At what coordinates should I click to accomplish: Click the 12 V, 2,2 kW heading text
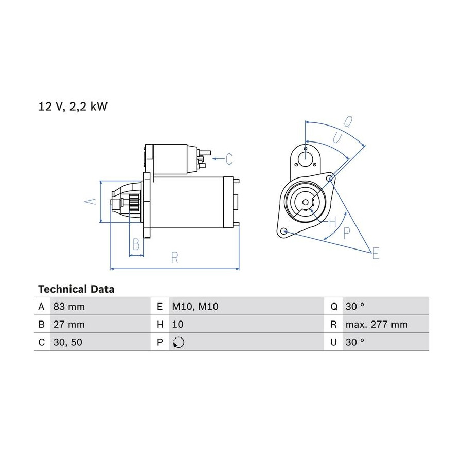click(73, 106)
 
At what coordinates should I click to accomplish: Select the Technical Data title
click(76, 289)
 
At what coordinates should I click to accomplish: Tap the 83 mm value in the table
click(69, 307)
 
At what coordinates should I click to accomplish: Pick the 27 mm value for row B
click(69, 324)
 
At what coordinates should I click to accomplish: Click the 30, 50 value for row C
click(68, 342)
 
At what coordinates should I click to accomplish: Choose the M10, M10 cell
click(195, 307)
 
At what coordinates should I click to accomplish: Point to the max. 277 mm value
click(377, 324)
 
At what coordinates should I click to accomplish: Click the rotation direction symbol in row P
click(179, 342)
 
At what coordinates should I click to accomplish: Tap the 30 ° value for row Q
click(354, 307)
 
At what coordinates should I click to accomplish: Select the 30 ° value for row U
click(354, 342)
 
